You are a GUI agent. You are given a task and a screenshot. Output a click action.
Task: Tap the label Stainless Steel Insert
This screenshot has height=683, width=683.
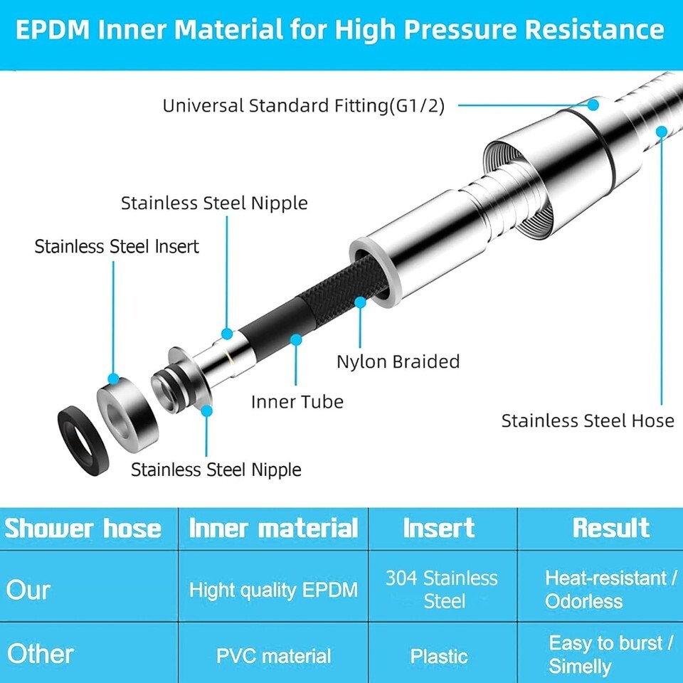click(x=117, y=247)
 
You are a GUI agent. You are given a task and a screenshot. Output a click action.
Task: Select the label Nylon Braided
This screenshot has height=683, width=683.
click(x=398, y=361)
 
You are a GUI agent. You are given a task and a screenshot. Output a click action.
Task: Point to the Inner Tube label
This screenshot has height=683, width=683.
click(x=297, y=401)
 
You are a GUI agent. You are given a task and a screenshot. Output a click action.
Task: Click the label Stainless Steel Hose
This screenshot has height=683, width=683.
click(x=588, y=420)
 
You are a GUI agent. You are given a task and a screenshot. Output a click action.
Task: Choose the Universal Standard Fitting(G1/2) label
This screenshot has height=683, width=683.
click(x=304, y=106)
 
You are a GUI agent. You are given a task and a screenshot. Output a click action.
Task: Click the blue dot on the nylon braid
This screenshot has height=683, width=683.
click(x=360, y=302)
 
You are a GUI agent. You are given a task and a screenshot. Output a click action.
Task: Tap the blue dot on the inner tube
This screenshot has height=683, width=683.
click(x=296, y=340)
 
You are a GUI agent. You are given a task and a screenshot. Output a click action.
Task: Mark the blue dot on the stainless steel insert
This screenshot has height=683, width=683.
click(x=113, y=378)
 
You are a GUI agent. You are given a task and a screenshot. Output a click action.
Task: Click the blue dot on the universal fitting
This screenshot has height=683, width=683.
click(x=593, y=105)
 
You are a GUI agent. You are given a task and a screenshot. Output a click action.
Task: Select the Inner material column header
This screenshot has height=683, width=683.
click(x=273, y=529)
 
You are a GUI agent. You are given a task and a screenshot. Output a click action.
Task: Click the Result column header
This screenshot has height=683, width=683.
click(x=611, y=528)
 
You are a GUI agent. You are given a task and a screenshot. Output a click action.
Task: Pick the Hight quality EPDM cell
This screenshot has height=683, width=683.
click(x=273, y=591)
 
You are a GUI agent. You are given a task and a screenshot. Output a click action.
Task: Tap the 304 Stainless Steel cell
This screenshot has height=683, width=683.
click(x=441, y=589)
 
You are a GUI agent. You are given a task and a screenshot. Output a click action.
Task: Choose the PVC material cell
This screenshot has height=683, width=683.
click(x=273, y=656)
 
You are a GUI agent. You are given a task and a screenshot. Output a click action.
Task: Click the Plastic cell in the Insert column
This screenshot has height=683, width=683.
click(x=439, y=656)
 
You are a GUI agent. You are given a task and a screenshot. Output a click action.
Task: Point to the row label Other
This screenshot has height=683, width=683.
click(x=41, y=655)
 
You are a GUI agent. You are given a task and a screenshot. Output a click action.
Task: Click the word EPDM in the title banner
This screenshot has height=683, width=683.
click(x=53, y=30)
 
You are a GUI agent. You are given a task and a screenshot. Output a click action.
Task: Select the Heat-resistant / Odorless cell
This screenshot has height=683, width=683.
click(x=610, y=589)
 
